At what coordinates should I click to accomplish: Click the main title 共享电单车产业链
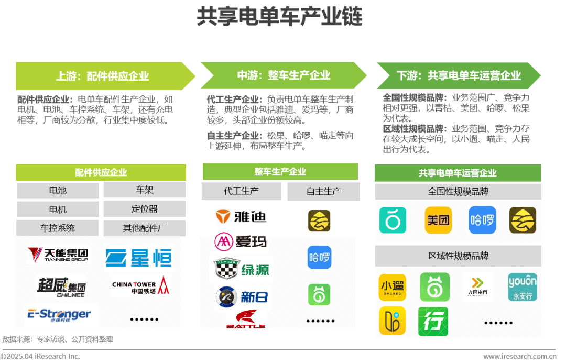pos(279,17)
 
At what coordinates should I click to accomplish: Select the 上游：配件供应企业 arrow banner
pos(103,76)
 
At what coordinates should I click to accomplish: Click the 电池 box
pos(58,191)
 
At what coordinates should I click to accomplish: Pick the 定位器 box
pos(144,209)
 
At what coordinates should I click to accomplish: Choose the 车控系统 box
pos(58,228)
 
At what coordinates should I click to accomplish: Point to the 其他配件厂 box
pos(144,228)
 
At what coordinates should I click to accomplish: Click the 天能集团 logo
pos(58,255)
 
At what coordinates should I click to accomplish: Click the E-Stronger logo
pos(59,314)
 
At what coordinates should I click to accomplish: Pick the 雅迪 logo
pos(242,216)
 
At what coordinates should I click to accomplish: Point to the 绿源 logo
pos(242,269)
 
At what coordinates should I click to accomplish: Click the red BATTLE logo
pos(245,319)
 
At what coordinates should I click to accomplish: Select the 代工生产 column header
pos(241,191)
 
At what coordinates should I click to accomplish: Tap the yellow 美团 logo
pos(438,220)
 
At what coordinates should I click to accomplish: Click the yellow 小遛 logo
pos(392,287)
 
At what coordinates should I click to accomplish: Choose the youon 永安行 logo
pos(522,287)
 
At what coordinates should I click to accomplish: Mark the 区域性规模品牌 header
pos(458,256)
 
